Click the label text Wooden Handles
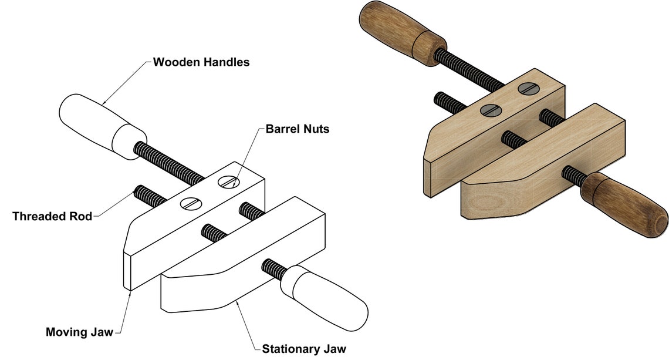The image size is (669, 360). coord(201,62)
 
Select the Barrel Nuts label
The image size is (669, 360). coord(298,129)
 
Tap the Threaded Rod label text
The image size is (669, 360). coord(52,216)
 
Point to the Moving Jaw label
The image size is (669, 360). coord(79,332)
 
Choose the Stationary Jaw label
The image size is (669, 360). coord(308,349)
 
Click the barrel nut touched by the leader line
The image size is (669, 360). coord(228,182)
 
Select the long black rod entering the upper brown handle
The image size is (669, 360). coord(470,71)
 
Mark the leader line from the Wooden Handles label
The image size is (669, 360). coord(126,83)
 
